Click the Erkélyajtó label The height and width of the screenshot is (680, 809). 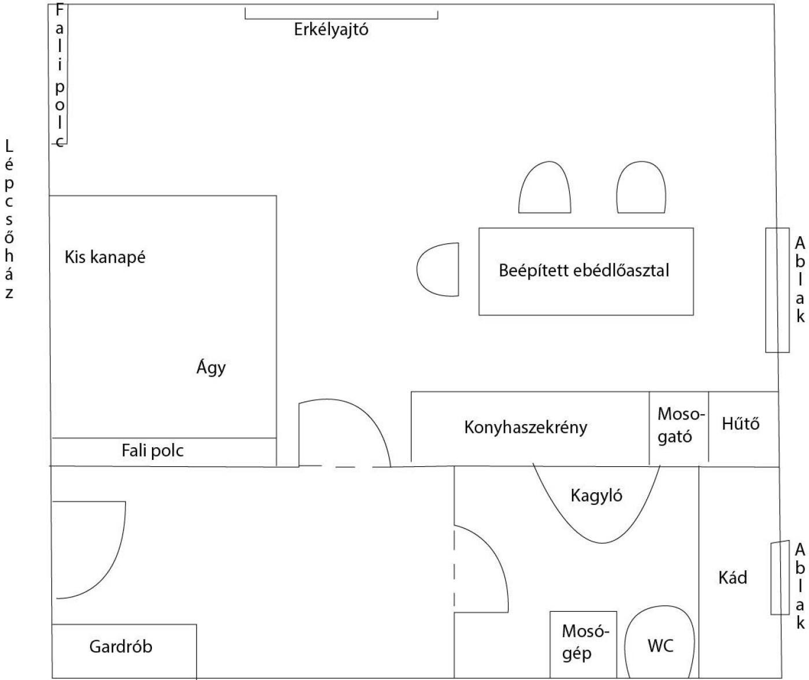coord(331,29)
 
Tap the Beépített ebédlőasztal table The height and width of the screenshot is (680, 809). coord(585,271)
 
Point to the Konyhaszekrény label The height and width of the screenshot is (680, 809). coord(525,428)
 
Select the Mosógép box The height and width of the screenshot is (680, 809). coord(583,644)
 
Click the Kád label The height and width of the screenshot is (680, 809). coord(732,577)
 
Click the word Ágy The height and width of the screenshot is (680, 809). coord(211,367)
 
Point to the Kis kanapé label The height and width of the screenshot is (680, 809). coord(105,257)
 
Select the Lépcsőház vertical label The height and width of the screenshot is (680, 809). coord(9,220)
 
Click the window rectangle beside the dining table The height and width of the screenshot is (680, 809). coord(777,290)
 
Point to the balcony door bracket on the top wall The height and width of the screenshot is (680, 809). coord(341,14)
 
